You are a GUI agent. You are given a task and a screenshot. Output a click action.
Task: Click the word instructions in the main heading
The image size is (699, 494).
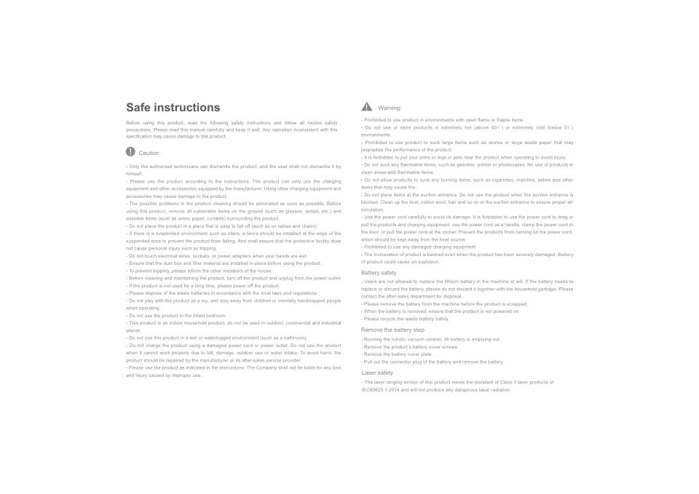click(187, 108)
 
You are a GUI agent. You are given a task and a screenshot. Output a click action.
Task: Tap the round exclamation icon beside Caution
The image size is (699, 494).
click(130, 152)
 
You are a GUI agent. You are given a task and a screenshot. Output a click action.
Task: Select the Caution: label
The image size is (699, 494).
click(149, 153)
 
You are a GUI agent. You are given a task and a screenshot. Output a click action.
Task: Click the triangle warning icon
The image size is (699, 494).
click(367, 107)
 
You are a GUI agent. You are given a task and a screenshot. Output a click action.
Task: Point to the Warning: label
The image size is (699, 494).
click(390, 108)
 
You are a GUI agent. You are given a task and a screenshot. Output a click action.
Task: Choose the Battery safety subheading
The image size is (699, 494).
click(379, 273)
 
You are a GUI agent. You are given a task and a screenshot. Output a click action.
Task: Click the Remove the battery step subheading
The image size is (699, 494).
click(392, 330)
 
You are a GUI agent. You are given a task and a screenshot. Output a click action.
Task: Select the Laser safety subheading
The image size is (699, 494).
click(377, 373)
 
